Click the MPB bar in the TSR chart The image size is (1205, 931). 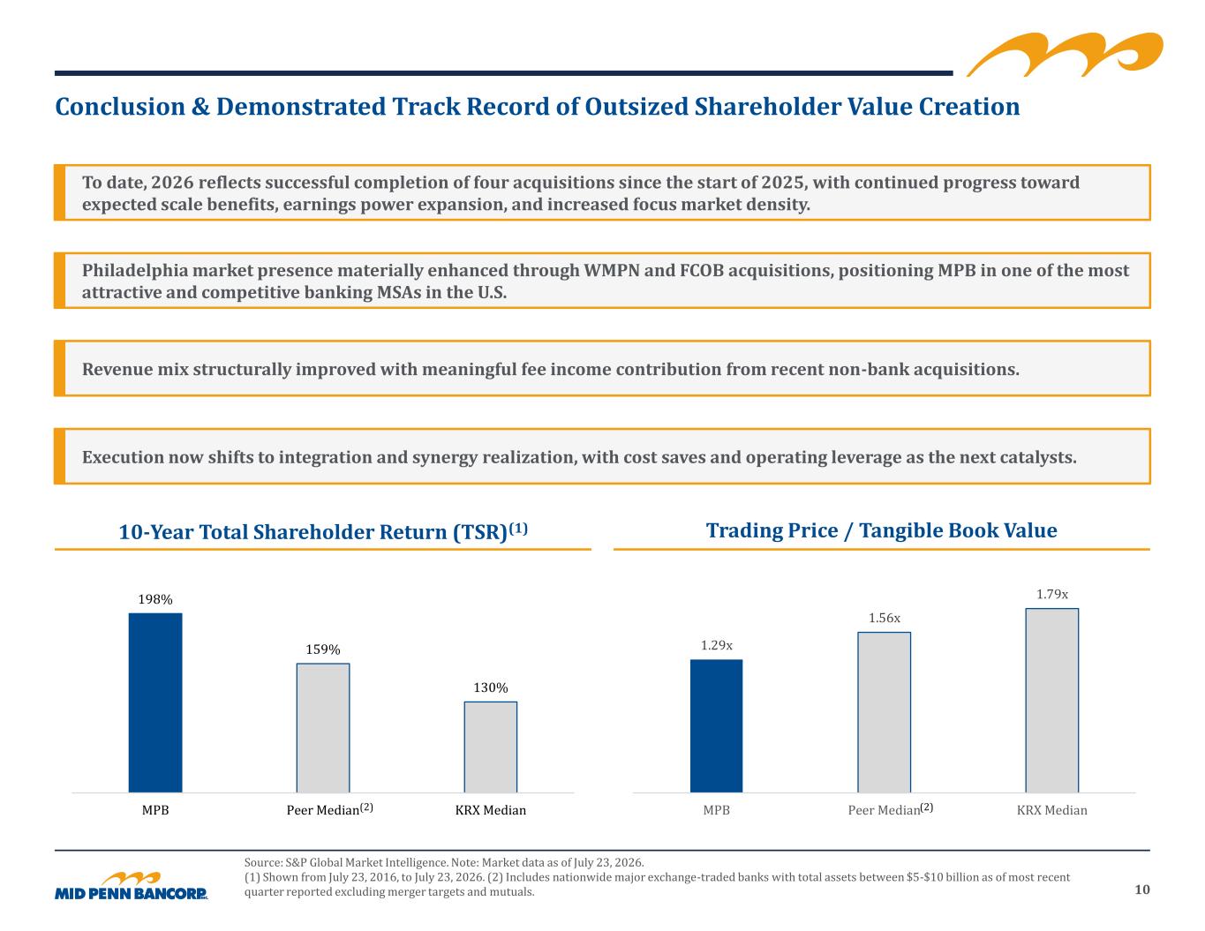(155, 702)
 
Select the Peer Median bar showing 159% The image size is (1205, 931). (323, 728)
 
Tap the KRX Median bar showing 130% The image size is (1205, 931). (490, 747)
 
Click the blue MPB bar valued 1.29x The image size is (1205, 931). (716, 726)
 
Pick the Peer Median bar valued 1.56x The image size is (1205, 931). (884, 712)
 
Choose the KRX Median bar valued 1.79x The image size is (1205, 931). (1051, 701)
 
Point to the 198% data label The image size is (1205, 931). (155, 599)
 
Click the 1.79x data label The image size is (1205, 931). (1052, 594)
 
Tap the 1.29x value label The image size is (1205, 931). (717, 645)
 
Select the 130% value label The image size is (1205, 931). (491, 687)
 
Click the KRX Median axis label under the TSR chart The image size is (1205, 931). (491, 810)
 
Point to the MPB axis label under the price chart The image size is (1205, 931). (717, 810)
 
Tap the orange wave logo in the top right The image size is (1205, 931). (1065, 55)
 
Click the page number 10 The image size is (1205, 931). (1142, 890)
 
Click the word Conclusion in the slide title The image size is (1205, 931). (120, 107)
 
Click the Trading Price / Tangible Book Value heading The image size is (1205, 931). (881, 531)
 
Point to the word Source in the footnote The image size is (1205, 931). (263, 862)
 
